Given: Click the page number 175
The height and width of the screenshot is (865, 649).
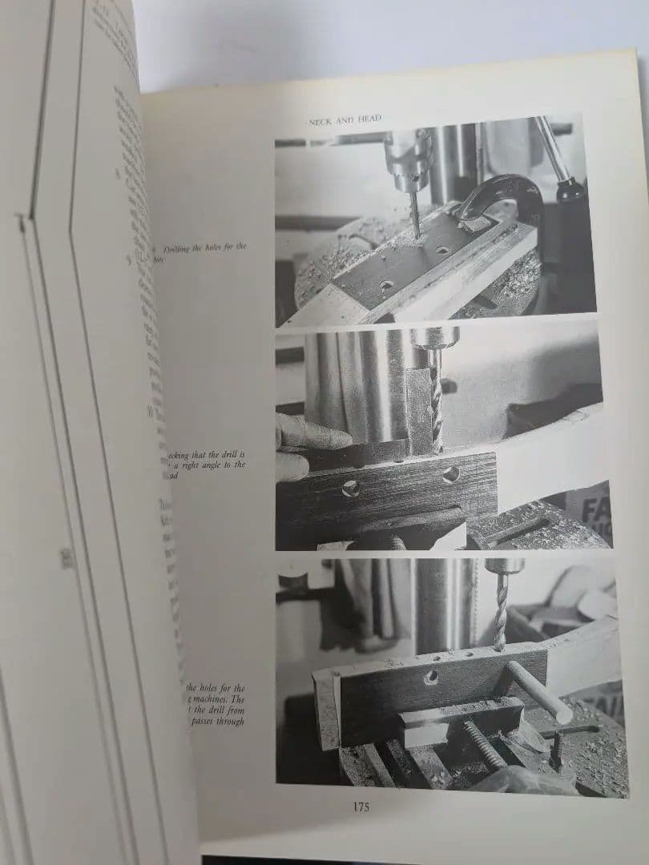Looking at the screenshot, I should tap(361, 807).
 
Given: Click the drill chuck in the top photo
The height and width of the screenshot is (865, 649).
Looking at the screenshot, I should tap(407, 152).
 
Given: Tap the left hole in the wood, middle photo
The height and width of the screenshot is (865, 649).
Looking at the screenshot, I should tap(350, 489).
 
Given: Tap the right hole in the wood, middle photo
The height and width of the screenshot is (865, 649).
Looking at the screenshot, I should tap(451, 473).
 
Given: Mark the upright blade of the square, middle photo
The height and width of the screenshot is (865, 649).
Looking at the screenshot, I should tap(419, 408).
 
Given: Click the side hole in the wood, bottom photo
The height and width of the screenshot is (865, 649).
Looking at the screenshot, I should tap(430, 678).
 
